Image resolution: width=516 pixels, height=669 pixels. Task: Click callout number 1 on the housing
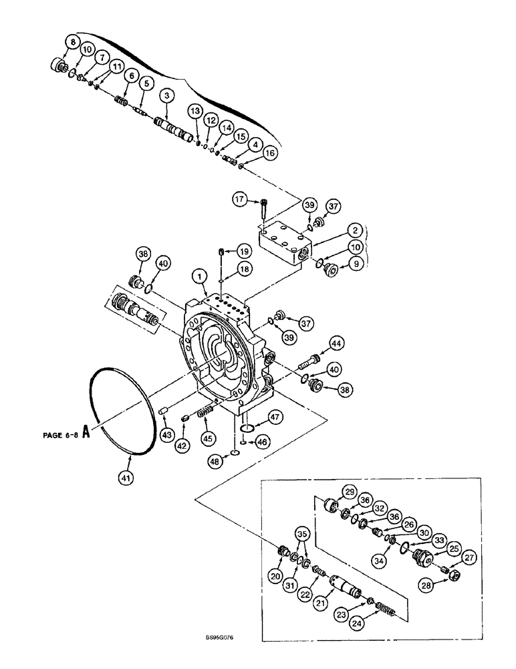point(197,275)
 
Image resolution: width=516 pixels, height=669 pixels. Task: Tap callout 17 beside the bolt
point(239,198)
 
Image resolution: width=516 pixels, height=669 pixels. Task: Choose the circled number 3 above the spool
point(166,96)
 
